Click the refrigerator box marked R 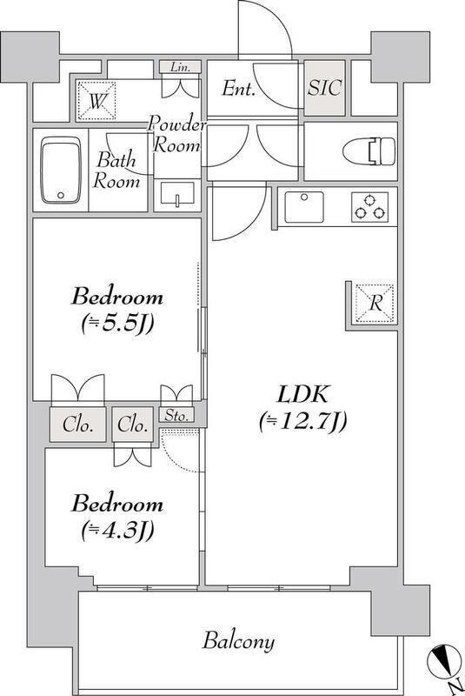374,304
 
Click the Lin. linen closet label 181,67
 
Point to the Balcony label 239,642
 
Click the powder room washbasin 177,196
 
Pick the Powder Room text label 178,135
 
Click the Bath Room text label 117,171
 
